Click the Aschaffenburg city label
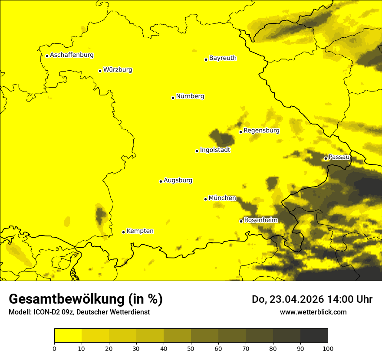72,55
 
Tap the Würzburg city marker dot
100,71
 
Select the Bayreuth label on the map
223,58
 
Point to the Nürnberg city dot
173,98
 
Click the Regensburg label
261,131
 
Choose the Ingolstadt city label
215,150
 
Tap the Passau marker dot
326,158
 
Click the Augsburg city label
178,180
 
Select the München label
222,198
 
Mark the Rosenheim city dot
241,221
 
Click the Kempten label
140,231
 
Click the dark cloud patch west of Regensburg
221,138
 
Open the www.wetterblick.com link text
313,312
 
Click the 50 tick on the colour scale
191,348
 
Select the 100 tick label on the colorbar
328,348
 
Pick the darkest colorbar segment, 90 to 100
314,335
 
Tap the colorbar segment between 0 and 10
68,335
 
